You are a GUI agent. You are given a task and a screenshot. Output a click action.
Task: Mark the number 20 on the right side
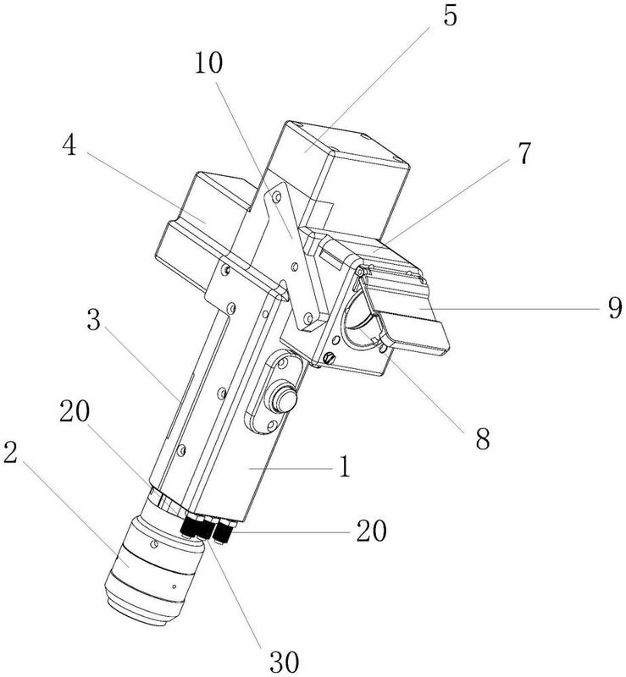point(369,531)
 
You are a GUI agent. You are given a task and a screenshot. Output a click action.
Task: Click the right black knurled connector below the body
point(224,532)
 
